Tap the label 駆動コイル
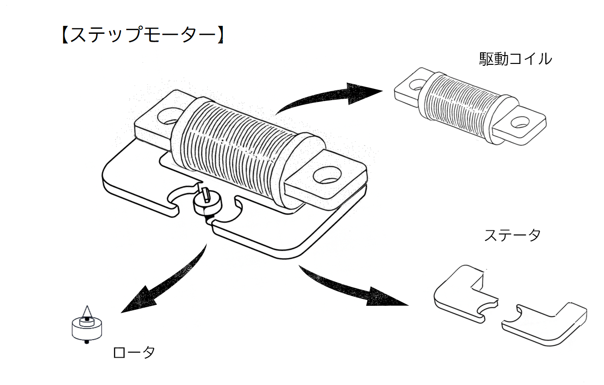[x=515, y=59]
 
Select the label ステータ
[x=512, y=235]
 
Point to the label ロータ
[x=134, y=353]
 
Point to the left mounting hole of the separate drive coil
[x=416, y=84]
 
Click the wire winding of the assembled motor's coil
[x=236, y=148]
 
